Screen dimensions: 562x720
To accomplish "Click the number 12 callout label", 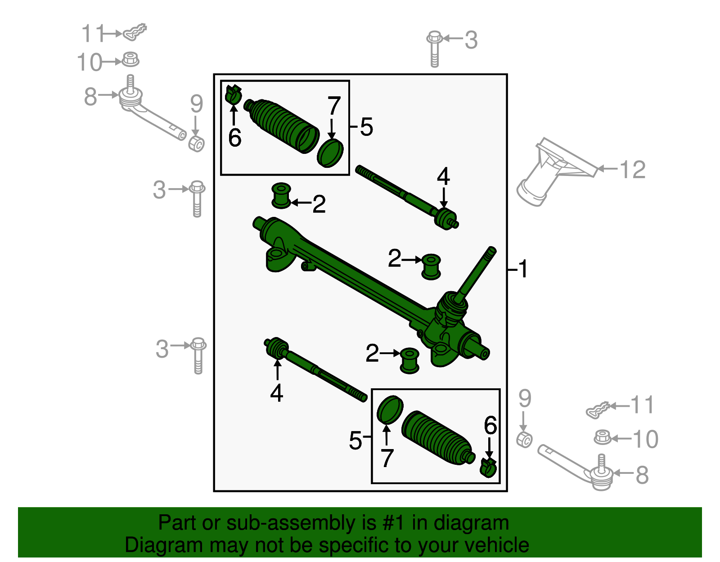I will coord(632,170).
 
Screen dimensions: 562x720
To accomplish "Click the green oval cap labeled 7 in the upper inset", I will coord(330,153).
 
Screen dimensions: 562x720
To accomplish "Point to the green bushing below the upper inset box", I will coord(281,196).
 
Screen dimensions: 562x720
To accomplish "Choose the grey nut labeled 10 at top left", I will coord(130,59).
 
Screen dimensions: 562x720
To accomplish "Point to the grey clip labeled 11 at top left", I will coord(135,32).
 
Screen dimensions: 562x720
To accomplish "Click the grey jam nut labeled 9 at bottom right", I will coord(524,439).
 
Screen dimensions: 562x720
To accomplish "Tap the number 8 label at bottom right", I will coord(642,475).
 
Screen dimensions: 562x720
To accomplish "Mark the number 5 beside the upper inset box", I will coord(366,127).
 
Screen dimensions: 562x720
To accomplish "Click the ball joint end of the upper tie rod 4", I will coord(445,218).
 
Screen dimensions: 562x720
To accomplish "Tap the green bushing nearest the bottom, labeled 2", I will coord(409,360).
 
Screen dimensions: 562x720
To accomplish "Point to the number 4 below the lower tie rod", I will coord(276,393).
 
